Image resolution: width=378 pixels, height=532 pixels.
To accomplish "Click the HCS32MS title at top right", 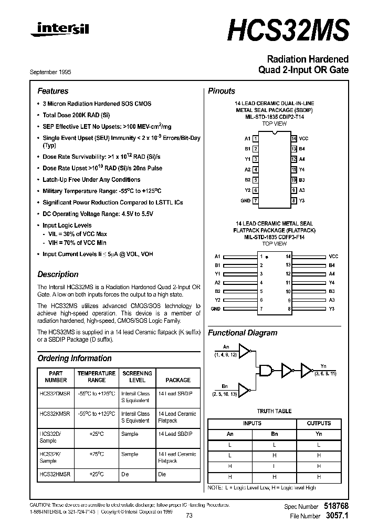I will pyautogui.click(x=288, y=31).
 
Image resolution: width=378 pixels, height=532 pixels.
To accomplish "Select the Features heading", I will pyautogui.click(x=52, y=91).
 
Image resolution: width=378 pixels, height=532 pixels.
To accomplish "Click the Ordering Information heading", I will pyautogui.click(x=75, y=359).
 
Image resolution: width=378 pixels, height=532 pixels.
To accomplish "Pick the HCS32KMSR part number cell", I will pyautogui.click(x=55, y=414).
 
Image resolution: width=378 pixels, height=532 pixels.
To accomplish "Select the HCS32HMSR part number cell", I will pyautogui.click(x=55, y=474).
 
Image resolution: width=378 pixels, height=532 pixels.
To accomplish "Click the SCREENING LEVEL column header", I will pyautogui.click(x=137, y=376).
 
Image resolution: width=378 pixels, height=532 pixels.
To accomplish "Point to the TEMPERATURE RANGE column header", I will pyautogui.click(x=97, y=376).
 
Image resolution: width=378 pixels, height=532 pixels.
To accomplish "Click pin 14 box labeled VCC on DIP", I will pyautogui.click(x=294, y=138).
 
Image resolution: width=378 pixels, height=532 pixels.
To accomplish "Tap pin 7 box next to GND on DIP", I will pyautogui.click(x=255, y=200).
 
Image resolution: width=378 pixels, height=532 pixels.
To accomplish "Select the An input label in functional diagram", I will pyautogui.click(x=226, y=347).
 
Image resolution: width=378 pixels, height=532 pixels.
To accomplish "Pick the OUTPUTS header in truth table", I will pyautogui.click(x=319, y=423).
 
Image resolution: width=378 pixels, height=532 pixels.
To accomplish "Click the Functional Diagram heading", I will pyautogui.click(x=243, y=333).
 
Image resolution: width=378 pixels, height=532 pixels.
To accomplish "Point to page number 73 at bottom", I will pyautogui.click(x=190, y=516).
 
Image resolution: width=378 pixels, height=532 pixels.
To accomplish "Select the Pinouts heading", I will pyautogui.click(x=222, y=91).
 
